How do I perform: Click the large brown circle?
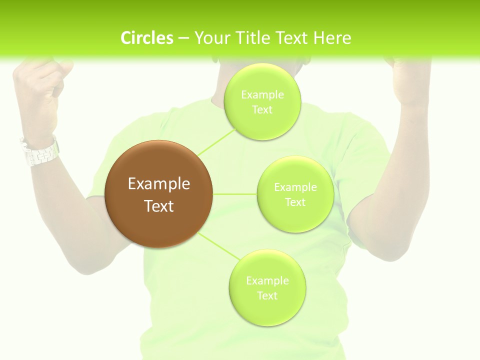pyautogui.click(x=159, y=194)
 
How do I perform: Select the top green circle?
pyautogui.click(x=262, y=101)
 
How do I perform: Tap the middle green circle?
pyautogui.click(x=295, y=194)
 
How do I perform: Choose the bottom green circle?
pyautogui.click(x=267, y=287)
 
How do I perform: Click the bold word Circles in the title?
pyautogui.click(x=147, y=38)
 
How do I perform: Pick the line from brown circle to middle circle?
pyautogui.click(x=234, y=193)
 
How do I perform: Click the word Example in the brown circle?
pyautogui.click(x=159, y=184)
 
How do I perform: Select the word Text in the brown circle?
pyautogui.click(x=159, y=206)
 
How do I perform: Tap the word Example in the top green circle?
pyautogui.click(x=262, y=94)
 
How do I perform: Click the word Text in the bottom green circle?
pyautogui.click(x=267, y=295)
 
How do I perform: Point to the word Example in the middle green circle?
pyautogui.click(x=295, y=187)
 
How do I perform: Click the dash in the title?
pyautogui.click(x=183, y=38)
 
